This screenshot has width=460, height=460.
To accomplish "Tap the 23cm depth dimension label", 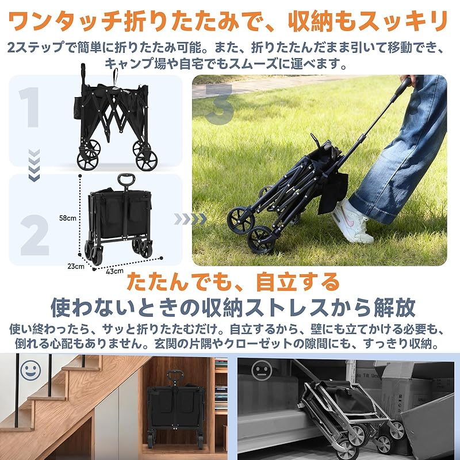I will (x=75, y=266).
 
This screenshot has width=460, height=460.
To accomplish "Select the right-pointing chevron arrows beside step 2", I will (x=190, y=219).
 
